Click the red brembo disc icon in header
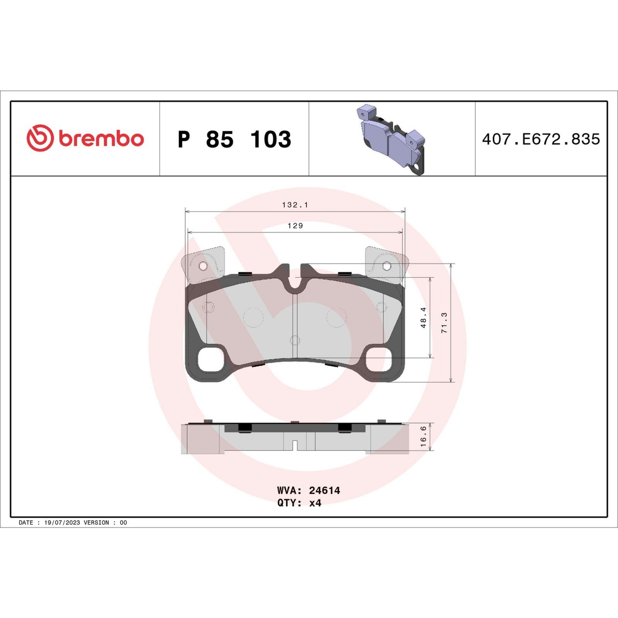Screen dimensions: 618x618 click(40, 138)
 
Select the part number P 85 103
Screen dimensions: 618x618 click(234, 139)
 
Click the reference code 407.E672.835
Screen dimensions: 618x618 click(541, 139)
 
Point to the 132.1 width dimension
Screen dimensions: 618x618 click(295, 205)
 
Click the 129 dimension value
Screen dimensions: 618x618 click(295, 226)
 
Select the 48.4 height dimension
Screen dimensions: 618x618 click(424, 317)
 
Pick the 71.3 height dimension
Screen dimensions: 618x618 click(444, 323)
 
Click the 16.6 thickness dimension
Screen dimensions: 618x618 click(424, 436)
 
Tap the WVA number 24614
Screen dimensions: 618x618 click(324, 491)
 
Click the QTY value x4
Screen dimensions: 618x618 click(315, 503)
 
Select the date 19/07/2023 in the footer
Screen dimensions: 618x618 click(62, 523)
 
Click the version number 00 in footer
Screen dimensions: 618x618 click(123, 523)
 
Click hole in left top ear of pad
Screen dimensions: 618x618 click(203, 266)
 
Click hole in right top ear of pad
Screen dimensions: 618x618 click(387, 266)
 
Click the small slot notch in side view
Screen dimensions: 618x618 click(295, 445)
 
